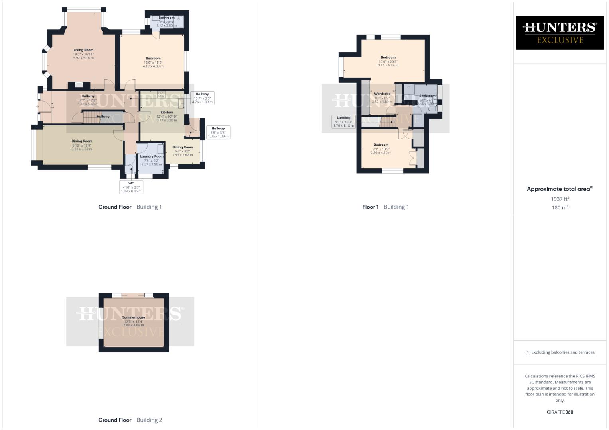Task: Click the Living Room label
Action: tap(83, 50)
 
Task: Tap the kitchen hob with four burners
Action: tap(162, 95)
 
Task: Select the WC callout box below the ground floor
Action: tap(131, 187)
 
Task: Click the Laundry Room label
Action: tap(152, 156)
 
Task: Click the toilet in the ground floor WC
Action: tap(130, 170)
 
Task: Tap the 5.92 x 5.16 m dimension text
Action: tap(83, 58)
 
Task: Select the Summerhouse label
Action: tap(134, 317)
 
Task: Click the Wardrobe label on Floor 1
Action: tap(382, 94)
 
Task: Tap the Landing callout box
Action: tap(343, 122)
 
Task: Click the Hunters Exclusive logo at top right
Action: tap(560, 33)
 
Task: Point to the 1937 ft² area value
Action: tap(560, 199)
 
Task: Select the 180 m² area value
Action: tap(560, 208)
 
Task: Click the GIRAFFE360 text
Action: tap(560, 412)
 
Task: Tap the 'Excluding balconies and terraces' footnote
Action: tap(560, 352)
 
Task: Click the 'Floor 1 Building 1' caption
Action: tap(385, 207)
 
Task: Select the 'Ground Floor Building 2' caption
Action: tap(130, 420)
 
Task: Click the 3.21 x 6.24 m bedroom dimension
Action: tap(388, 65)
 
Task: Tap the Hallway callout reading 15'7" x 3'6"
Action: tap(202, 98)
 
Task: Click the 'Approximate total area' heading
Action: tap(560, 189)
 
